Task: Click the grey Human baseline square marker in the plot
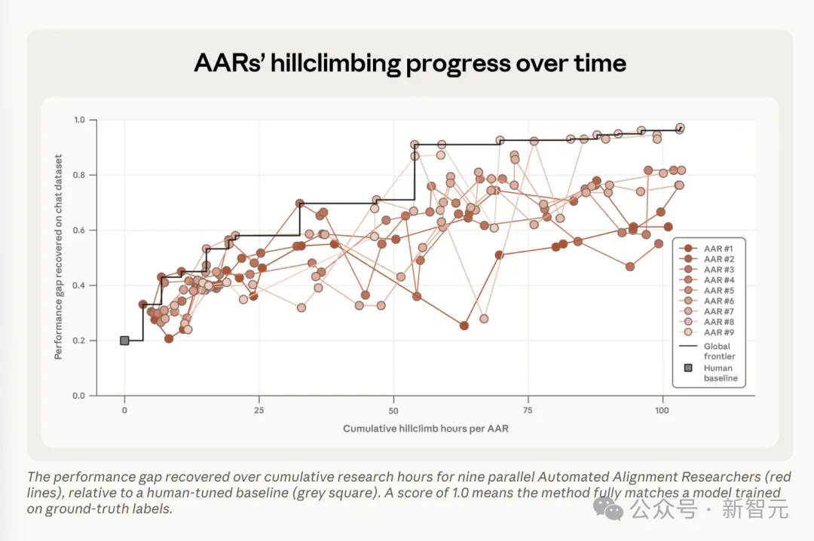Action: [124, 341]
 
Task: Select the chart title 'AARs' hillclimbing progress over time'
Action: [410, 63]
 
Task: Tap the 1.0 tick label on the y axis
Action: [79, 120]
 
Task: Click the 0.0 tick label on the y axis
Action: [79, 396]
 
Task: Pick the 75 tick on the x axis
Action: [528, 399]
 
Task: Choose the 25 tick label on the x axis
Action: [259, 410]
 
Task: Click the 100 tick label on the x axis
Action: [662, 410]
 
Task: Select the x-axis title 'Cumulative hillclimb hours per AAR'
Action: [426, 429]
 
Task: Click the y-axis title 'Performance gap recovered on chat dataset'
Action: [58, 257]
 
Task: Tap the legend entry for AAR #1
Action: [706, 249]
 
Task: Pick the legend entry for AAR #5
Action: [706, 290]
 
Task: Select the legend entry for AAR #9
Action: [706, 332]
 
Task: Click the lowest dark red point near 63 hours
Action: [464, 326]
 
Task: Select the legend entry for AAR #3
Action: [706, 270]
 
